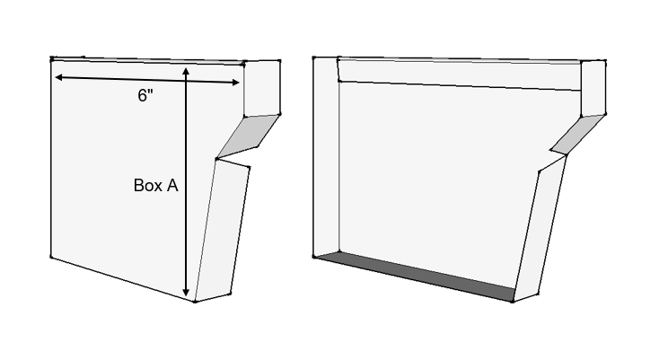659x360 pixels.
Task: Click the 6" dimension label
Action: (x=145, y=95)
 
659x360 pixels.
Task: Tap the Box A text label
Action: (x=155, y=185)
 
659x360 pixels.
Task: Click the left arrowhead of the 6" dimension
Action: (x=59, y=77)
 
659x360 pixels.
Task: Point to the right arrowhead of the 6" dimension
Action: (x=235, y=83)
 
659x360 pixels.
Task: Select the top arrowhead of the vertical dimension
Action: (x=186, y=71)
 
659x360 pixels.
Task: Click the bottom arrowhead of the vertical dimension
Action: (x=186, y=293)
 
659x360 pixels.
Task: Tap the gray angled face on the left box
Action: (x=248, y=136)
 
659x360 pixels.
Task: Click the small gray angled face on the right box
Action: (x=578, y=135)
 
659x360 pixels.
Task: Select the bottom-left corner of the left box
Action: (x=51, y=257)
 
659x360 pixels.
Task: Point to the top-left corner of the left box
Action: (x=52, y=58)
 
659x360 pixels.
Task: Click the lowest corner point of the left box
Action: (x=195, y=301)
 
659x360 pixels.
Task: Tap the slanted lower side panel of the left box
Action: (x=223, y=230)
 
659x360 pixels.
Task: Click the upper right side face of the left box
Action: (x=262, y=88)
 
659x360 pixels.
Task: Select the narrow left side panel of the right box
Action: (x=327, y=156)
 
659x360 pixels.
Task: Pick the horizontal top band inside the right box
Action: (x=460, y=75)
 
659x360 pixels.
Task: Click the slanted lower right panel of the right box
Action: (x=540, y=229)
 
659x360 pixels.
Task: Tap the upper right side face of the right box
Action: (x=593, y=88)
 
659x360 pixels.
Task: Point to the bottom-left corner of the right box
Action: (x=314, y=257)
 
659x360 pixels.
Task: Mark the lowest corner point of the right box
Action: (x=513, y=301)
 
